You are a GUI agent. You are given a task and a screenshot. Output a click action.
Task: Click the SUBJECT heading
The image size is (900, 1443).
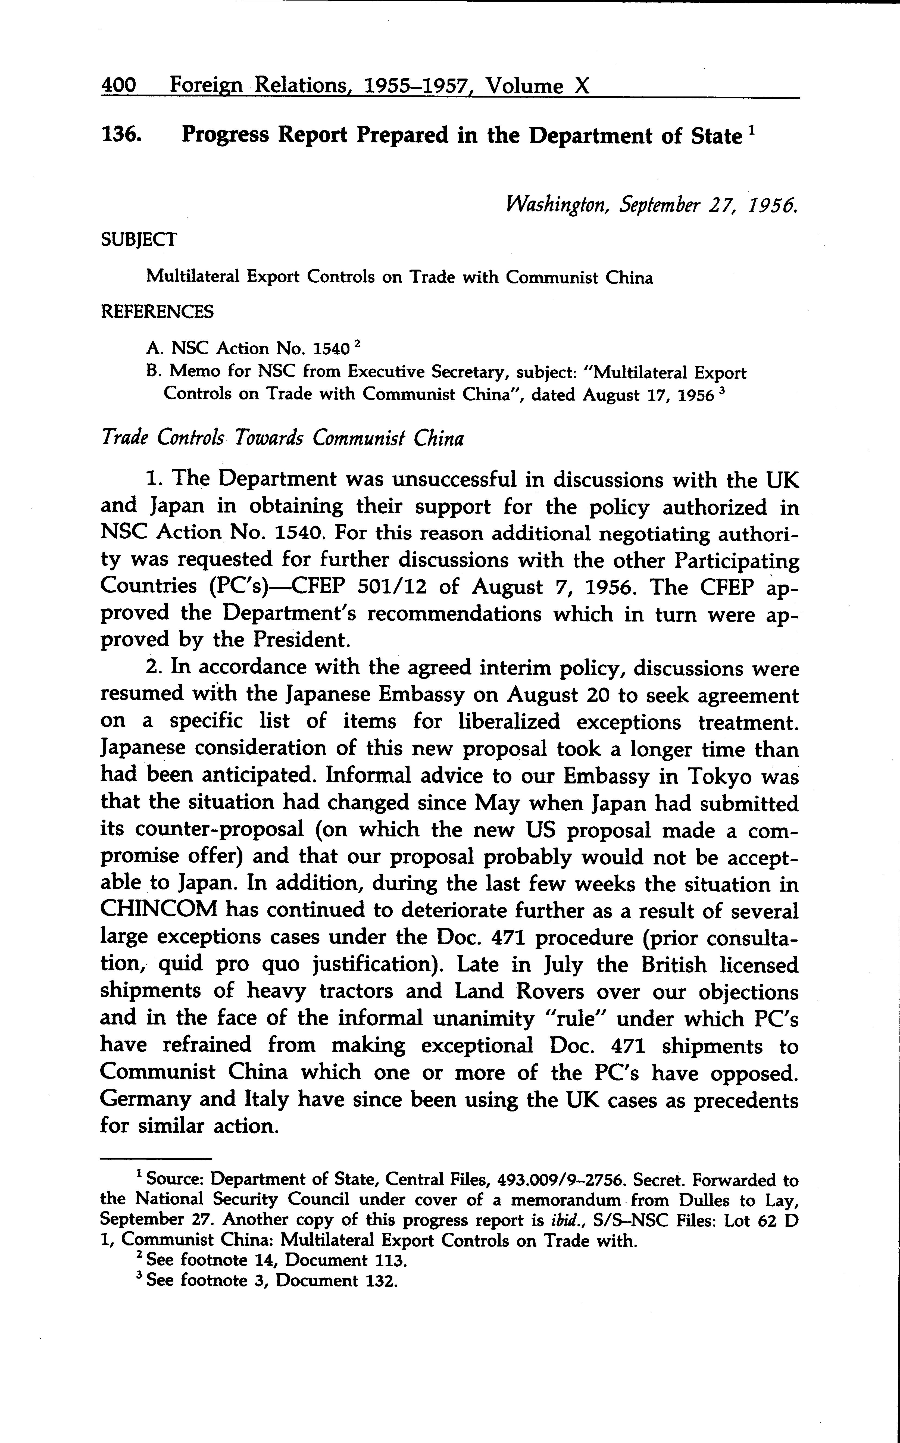pyautogui.click(x=139, y=240)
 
